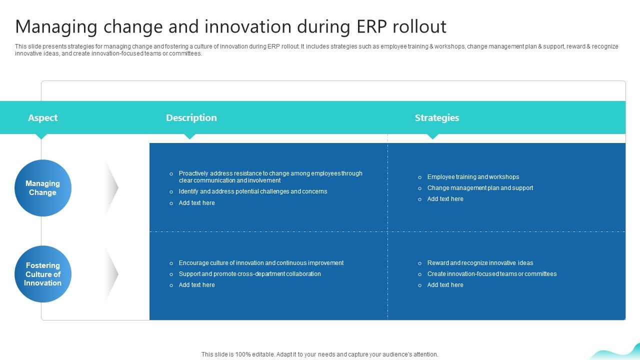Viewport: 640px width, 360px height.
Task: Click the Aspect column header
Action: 42,118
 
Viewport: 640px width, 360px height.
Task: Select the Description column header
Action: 191,118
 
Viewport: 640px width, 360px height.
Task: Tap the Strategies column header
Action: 436,118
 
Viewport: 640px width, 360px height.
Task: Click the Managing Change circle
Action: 43,188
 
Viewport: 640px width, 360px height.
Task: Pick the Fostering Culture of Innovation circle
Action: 43,274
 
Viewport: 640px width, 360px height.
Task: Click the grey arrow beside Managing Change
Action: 112,188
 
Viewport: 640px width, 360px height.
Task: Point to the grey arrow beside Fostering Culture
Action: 112,274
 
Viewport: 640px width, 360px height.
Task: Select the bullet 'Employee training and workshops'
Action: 472,177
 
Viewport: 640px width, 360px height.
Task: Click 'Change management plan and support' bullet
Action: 479,188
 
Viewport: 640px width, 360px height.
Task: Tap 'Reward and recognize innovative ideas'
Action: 479,263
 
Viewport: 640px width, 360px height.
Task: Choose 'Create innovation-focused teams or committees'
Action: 491,274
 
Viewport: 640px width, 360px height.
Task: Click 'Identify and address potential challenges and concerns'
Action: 252,191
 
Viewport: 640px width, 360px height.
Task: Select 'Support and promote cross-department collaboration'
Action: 249,274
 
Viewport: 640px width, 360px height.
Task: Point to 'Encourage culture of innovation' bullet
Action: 261,263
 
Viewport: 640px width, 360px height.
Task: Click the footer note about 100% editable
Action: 319,354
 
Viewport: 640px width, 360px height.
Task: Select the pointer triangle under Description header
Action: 189,136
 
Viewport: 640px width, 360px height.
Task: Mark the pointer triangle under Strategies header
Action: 433,136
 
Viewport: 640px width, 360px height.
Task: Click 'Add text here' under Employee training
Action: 445,199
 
